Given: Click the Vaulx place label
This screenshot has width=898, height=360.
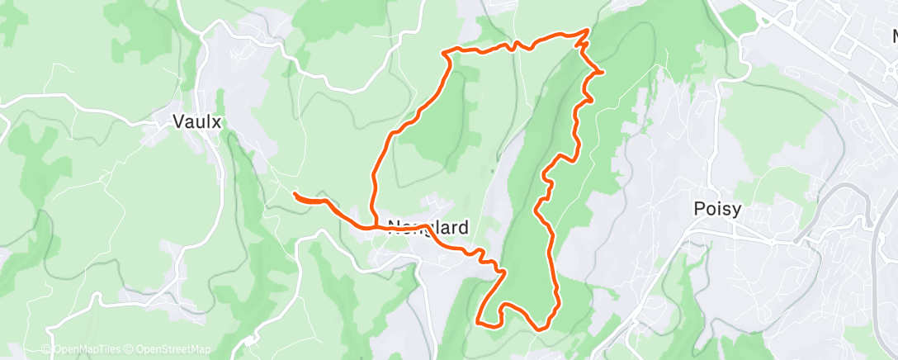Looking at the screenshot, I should [198, 121].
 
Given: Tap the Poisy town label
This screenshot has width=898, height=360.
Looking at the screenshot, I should [716, 210].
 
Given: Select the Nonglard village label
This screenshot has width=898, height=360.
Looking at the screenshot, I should [428, 228].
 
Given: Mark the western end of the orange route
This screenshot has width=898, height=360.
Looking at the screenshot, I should [295, 194].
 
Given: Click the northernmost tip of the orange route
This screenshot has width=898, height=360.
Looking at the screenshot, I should [588, 30].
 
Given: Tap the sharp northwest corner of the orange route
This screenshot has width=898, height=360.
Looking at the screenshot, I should [446, 54].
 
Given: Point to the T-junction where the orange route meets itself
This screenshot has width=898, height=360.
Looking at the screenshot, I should [385, 225].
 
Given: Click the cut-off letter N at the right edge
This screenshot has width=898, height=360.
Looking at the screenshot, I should [894, 37].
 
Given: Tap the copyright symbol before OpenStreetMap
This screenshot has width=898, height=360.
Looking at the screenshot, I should [129, 350].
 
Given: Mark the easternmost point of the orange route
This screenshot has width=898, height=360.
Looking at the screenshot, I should [603, 72].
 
